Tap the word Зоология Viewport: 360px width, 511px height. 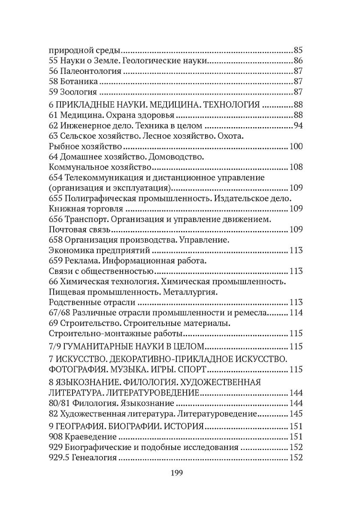click(78, 92)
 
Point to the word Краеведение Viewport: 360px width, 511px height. click(91, 437)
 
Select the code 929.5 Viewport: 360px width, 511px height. click(61, 458)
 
